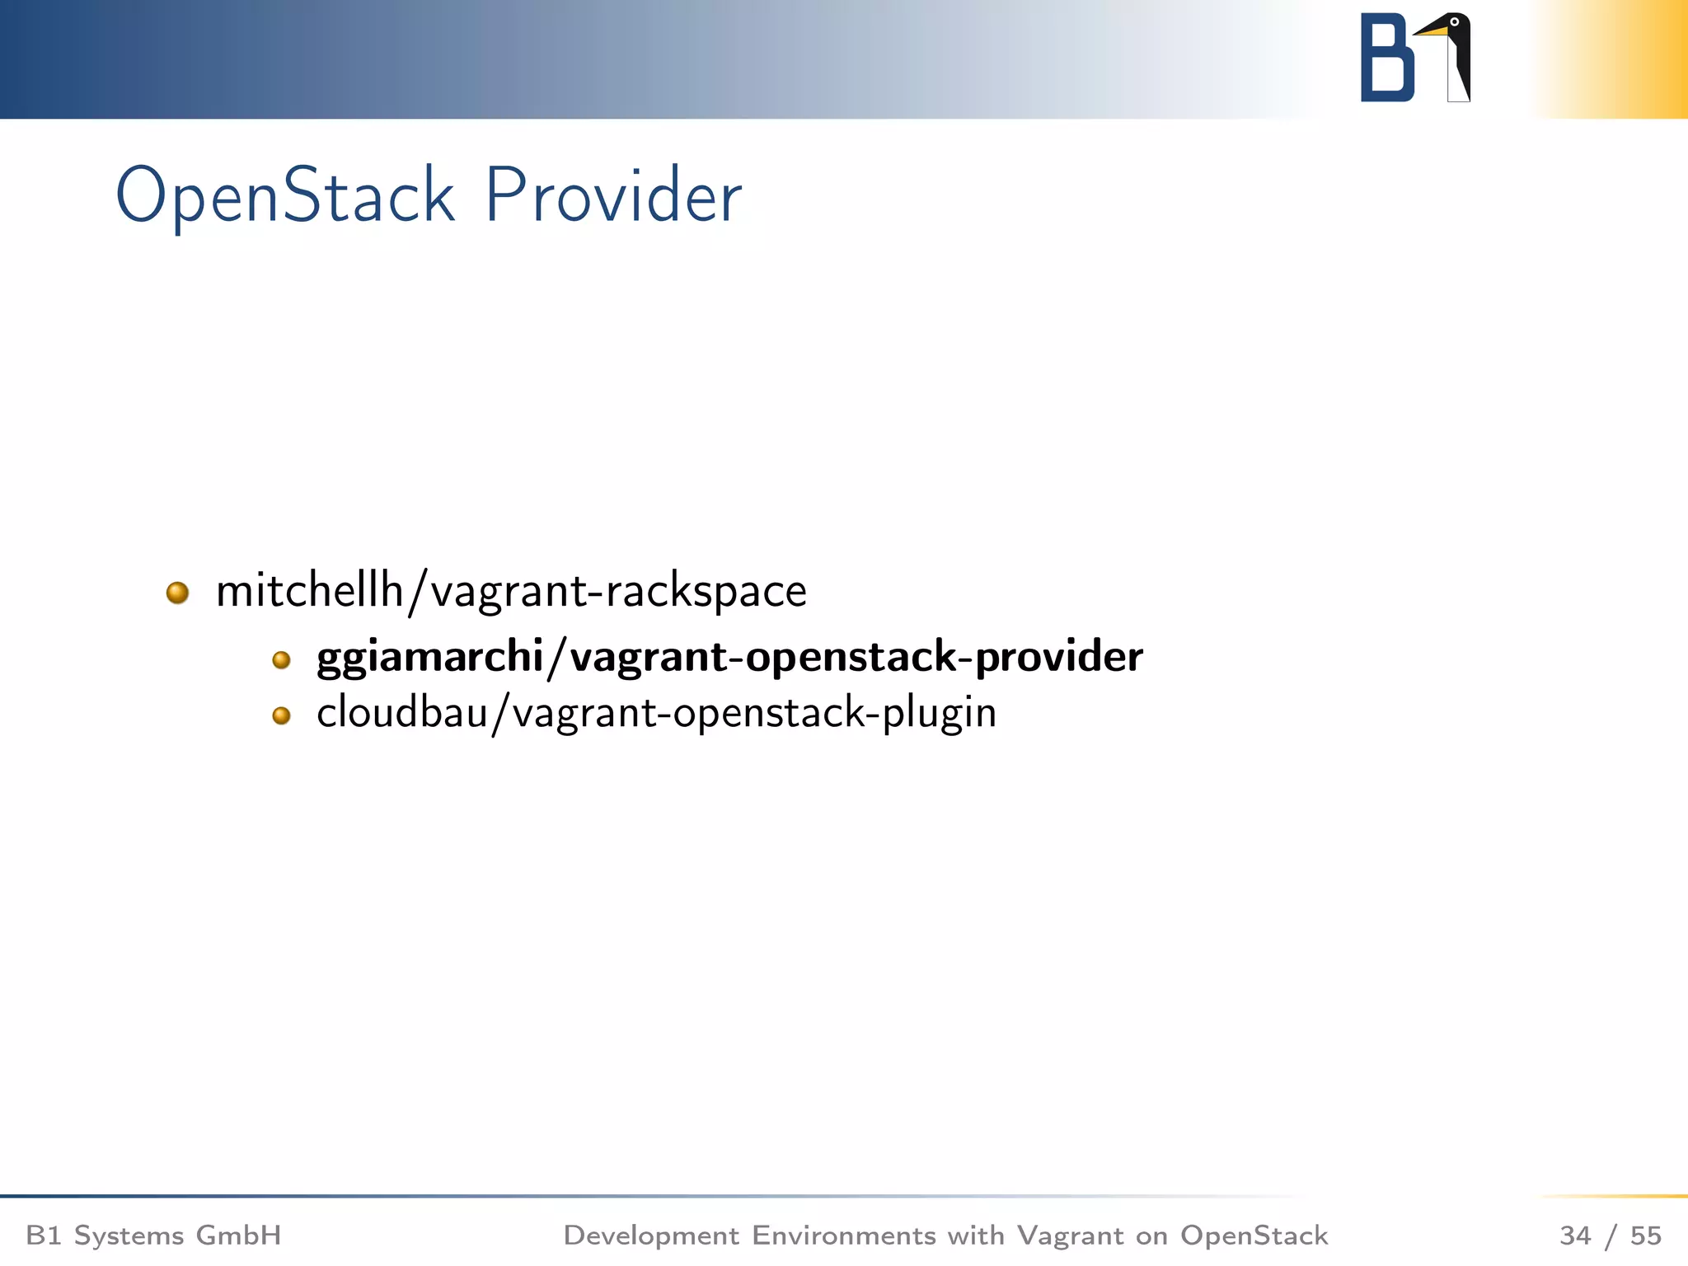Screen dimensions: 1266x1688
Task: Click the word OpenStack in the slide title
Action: pyautogui.click(x=284, y=196)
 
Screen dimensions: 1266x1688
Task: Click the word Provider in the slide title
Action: pyautogui.click(x=613, y=196)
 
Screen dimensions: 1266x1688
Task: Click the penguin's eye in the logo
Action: pyautogui.click(x=1455, y=22)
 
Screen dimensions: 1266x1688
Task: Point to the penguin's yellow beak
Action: pyautogui.click(x=1432, y=30)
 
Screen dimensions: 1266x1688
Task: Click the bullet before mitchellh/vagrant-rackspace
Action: pyautogui.click(x=177, y=593)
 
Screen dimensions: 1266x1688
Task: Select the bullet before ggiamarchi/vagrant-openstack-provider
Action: pyautogui.click(x=281, y=659)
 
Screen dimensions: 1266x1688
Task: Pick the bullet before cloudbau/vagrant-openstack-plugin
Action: pyautogui.click(x=281, y=715)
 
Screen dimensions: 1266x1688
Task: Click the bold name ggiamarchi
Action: pyautogui.click(x=429, y=657)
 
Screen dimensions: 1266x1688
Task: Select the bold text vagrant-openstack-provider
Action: pyautogui.click(x=856, y=657)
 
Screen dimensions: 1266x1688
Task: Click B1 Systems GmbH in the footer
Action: pyautogui.click(x=153, y=1235)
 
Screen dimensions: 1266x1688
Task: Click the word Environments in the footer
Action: pyautogui.click(x=843, y=1235)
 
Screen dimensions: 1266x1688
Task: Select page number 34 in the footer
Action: pyautogui.click(x=1575, y=1235)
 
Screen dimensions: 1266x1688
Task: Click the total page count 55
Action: pyautogui.click(x=1645, y=1235)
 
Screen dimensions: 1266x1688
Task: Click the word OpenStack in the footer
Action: pyautogui.click(x=1254, y=1235)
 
